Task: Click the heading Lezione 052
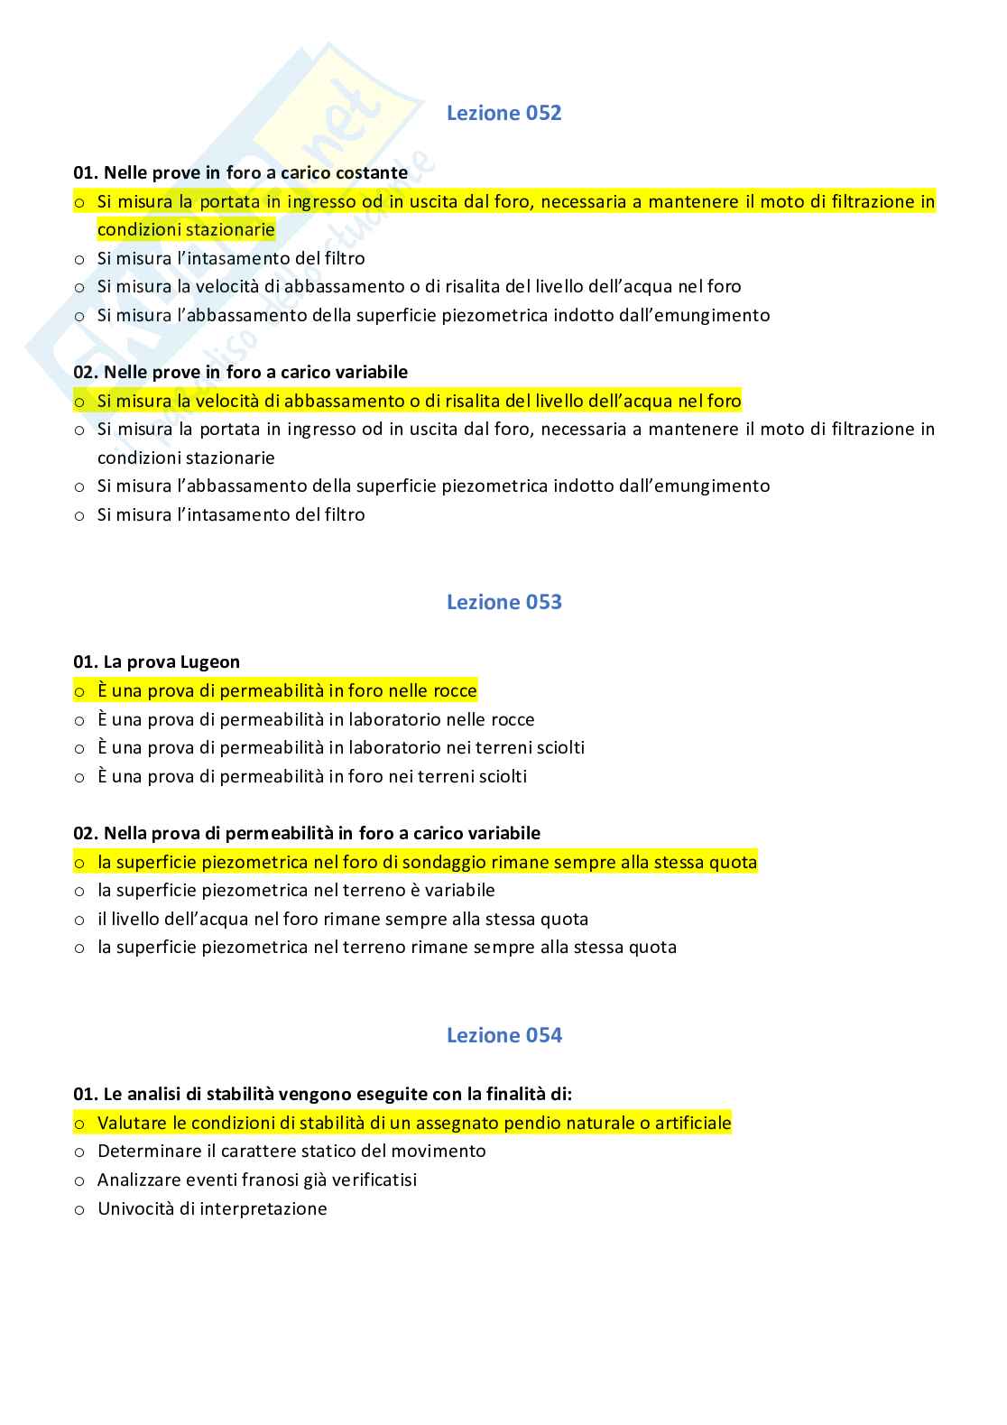tap(503, 113)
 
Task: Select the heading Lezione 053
tap(503, 602)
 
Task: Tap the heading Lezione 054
tap(503, 1035)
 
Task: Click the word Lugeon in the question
tap(209, 662)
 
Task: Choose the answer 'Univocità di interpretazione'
tap(212, 1208)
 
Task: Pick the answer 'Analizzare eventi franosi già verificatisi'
tap(257, 1180)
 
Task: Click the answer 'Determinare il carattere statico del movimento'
tap(291, 1151)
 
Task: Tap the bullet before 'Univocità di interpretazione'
tap(79, 1209)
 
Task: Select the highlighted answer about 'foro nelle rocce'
tap(287, 691)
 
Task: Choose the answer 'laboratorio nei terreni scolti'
tap(341, 747)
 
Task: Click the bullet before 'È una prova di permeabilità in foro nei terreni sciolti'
tap(79, 777)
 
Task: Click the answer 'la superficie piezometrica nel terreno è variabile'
tap(296, 890)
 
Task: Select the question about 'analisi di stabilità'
tap(322, 1094)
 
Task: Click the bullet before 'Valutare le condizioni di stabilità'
tap(79, 1124)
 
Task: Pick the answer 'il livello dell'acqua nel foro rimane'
tap(343, 919)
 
